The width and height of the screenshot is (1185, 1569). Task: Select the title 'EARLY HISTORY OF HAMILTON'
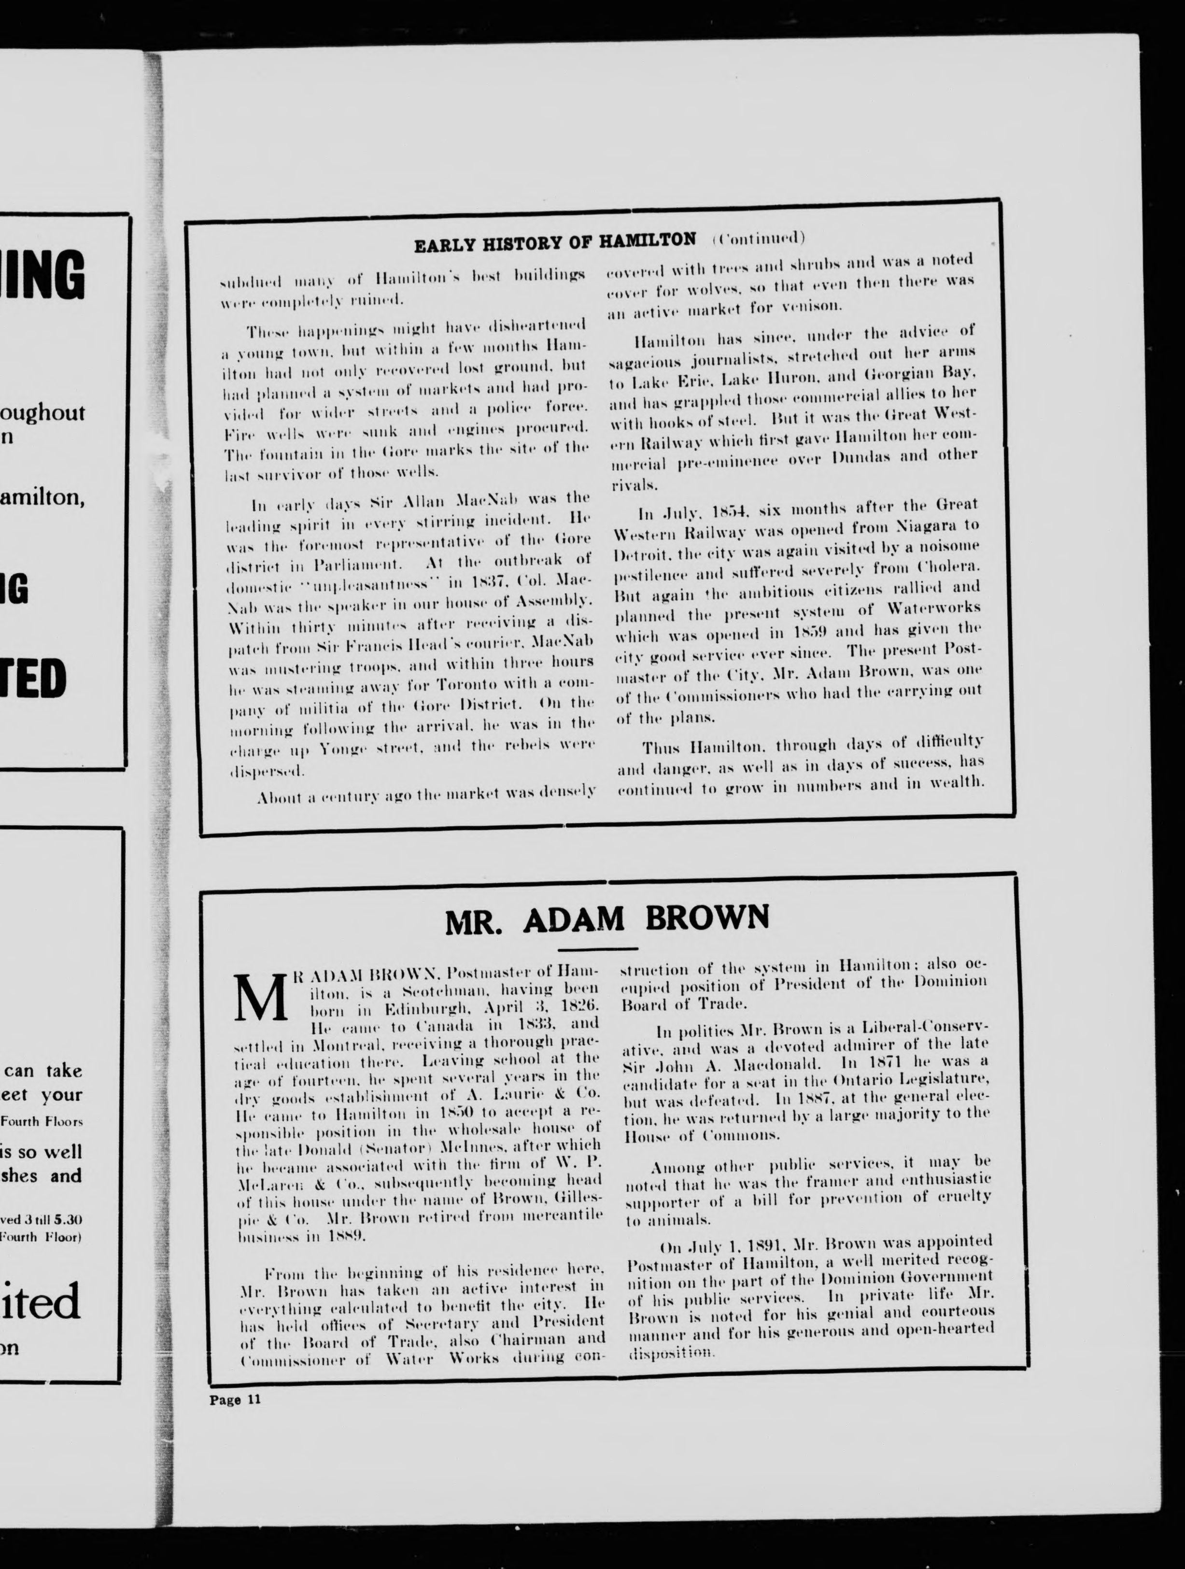coord(554,241)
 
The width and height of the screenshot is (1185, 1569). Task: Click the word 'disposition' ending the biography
coord(670,1353)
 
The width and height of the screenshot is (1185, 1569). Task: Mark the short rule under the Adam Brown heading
coord(597,948)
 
